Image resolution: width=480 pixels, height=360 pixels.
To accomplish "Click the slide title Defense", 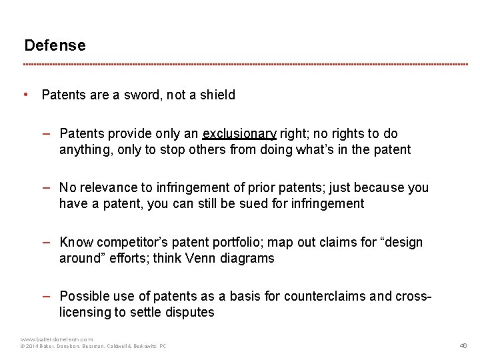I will tap(55, 46).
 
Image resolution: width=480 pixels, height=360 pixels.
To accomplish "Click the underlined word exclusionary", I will tap(239, 134).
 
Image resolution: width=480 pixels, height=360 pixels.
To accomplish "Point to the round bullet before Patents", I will tap(25, 95).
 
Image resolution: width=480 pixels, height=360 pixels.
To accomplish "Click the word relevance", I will tap(109, 188).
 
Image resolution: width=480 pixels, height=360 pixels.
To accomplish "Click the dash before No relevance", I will tap(50, 187).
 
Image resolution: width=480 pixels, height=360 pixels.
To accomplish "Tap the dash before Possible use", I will tap(50, 295).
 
